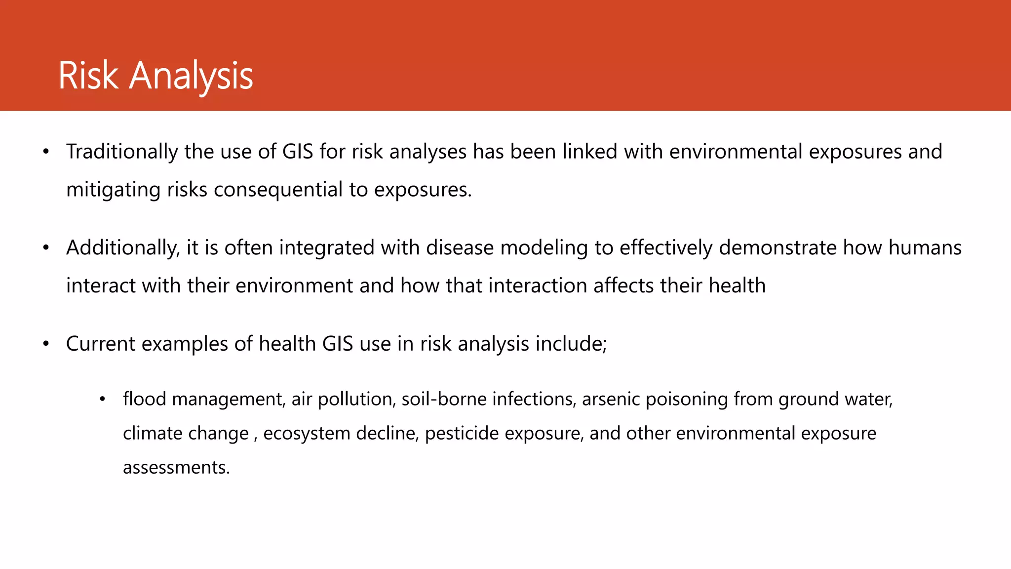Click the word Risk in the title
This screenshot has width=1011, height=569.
point(88,76)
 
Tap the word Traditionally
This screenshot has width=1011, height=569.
point(122,152)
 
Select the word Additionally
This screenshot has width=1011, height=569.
point(123,247)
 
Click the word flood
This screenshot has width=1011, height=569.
point(144,399)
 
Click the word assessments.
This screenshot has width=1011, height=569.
point(176,467)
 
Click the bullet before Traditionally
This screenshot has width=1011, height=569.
point(46,152)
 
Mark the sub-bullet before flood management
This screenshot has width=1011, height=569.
point(103,399)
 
